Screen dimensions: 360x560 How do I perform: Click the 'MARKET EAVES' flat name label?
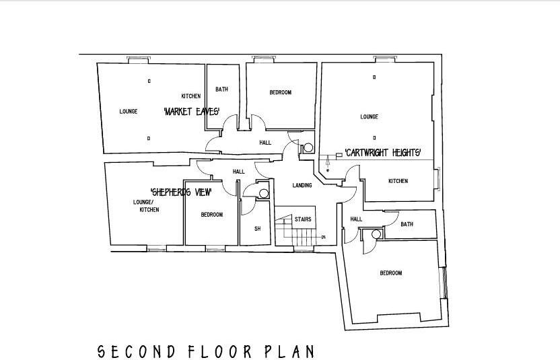click(191, 112)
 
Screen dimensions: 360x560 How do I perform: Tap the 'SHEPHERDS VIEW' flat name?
click(180, 192)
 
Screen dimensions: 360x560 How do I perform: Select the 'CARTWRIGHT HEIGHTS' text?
click(383, 152)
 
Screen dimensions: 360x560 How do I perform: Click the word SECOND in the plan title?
click(137, 351)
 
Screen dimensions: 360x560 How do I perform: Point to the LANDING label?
click(302, 186)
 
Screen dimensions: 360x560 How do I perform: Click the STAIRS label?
click(302, 219)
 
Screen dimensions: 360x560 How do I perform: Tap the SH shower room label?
click(257, 229)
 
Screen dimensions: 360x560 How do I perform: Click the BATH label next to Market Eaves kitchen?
click(221, 89)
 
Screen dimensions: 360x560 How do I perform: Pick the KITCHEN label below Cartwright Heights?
click(398, 181)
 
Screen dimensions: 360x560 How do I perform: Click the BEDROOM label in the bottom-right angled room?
click(390, 273)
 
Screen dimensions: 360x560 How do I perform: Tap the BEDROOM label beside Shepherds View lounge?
click(211, 215)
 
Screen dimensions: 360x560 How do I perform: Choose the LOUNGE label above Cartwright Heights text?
click(369, 117)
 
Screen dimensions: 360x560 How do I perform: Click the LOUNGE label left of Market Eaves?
click(129, 112)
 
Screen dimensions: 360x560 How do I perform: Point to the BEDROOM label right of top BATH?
click(280, 93)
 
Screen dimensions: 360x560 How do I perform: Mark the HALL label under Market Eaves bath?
click(265, 143)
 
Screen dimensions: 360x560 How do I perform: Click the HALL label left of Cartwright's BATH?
click(356, 219)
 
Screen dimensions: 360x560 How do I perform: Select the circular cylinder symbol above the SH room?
click(262, 193)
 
